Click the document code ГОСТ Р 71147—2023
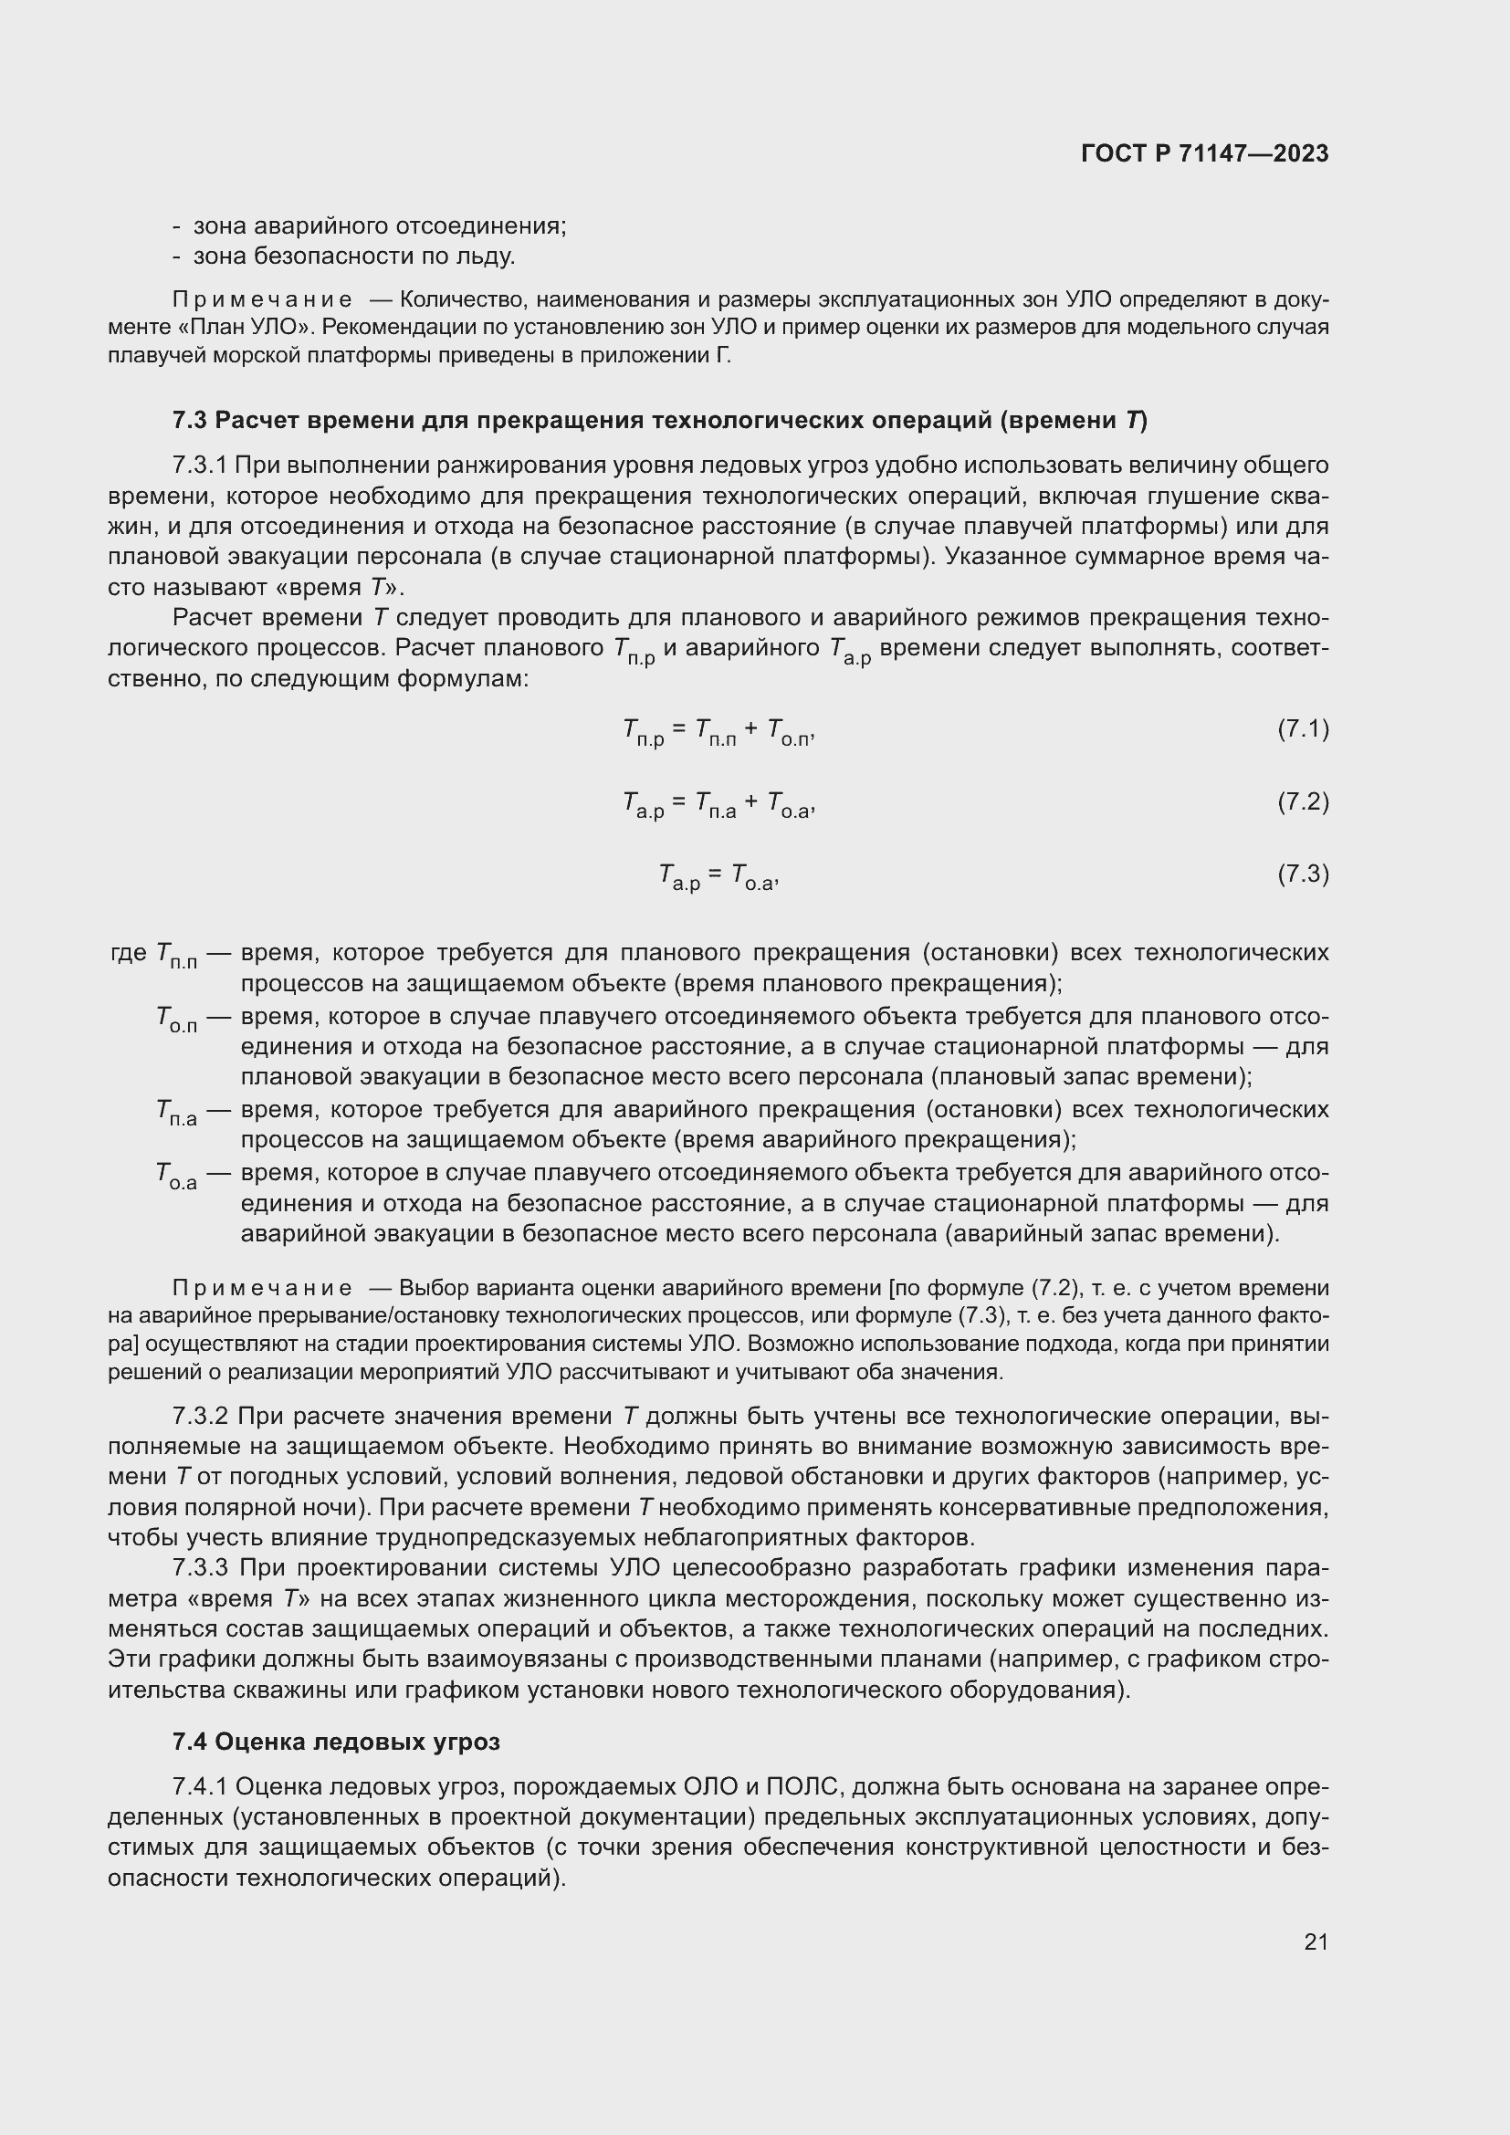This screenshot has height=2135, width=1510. pyautogui.click(x=1204, y=153)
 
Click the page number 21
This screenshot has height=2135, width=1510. pyautogui.click(x=1316, y=1941)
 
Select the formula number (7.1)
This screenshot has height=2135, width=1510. pyautogui.click(x=1303, y=729)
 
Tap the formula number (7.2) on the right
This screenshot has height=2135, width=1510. pyautogui.click(x=1303, y=801)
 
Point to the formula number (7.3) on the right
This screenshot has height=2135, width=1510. pyautogui.click(x=1303, y=874)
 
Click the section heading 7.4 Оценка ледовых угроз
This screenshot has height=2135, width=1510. pyautogui.click(x=336, y=1742)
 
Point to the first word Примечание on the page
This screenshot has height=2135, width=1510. pyautogui.click(x=262, y=299)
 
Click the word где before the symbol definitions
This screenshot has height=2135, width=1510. pyautogui.click(x=129, y=952)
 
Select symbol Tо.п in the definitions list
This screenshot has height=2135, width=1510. pyautogui.click(x=177, y=1020)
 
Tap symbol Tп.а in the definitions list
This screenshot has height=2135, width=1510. pyautogui.click(x=177, y=1112)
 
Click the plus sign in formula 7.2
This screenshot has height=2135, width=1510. pyautogui.click(x=751, y=801)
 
